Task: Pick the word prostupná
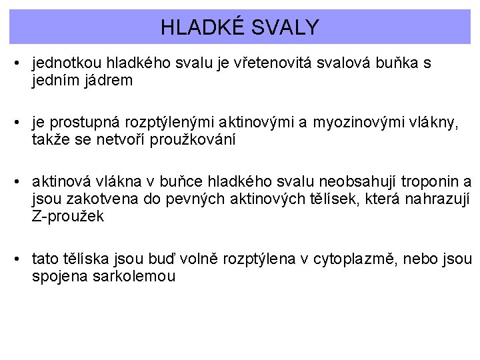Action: pyautogui.click(x=78, y=122)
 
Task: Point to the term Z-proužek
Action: pyautogui.click(x=67, y=217)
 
